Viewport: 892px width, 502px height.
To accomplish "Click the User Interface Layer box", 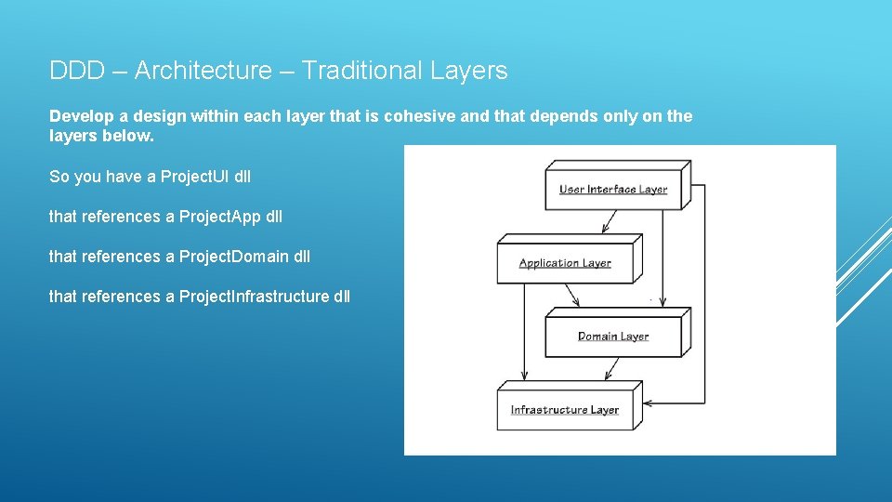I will tap(613, 190).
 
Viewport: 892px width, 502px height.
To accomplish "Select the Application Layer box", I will tap(565, 263).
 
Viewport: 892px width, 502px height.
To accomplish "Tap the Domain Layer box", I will tap(613, 336).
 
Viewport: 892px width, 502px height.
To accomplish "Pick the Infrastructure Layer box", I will tap(565, 409).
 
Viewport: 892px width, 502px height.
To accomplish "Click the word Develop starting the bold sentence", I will tap(81, 116).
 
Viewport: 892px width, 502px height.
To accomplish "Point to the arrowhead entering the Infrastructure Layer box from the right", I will tap(649, 403).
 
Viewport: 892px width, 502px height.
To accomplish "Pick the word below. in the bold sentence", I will tap(128, 136).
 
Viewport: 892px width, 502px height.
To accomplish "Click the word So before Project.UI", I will tap(59, 177).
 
